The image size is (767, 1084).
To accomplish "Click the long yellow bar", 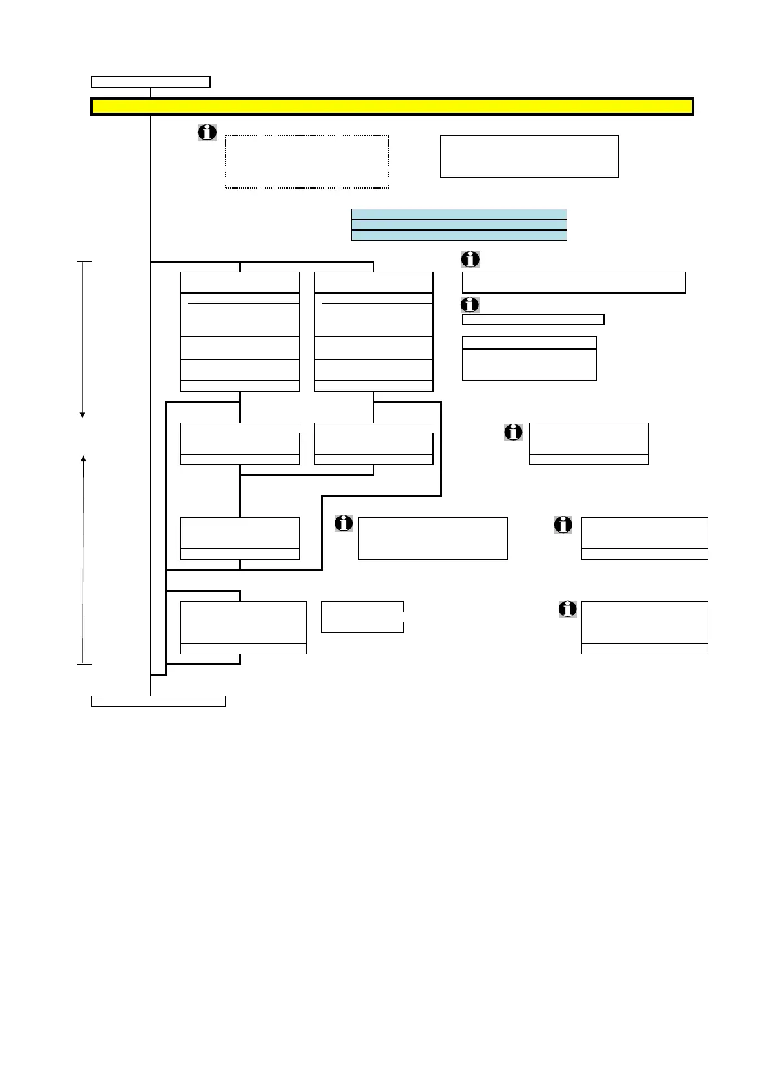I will tap(392, 107).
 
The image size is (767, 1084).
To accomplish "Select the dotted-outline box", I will tap(306, 162).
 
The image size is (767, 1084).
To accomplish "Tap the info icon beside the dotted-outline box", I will tap(207, 133).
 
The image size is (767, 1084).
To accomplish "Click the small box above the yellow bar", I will tap(151, 82).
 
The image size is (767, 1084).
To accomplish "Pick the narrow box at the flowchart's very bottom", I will tap(158, 701).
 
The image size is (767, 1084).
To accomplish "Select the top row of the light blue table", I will tap(458, 214).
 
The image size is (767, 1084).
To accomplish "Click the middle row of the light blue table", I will tap(458, 225).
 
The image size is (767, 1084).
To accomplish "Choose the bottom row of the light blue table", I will tap(458, 235).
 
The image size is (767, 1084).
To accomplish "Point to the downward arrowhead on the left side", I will tap(83, 414).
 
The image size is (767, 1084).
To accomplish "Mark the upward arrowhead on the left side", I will tap(83, 458).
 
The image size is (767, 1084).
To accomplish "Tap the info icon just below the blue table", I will tap(471, 259).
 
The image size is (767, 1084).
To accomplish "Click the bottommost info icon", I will tap(567, 609).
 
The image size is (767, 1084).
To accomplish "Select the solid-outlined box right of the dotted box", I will tap(529, 157).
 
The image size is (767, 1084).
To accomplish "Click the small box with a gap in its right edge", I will tap(362, 617).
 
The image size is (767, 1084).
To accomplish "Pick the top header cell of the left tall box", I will tap(240, 283).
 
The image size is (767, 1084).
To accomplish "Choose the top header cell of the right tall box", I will tap(373, 283).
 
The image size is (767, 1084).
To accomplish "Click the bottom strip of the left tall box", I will tap(240, 386).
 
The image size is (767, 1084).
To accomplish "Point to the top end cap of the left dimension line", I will tap(84, 262).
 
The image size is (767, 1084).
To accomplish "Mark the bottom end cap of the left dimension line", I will tap(84, 663).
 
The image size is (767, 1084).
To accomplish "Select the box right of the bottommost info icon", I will tap(645, 622).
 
